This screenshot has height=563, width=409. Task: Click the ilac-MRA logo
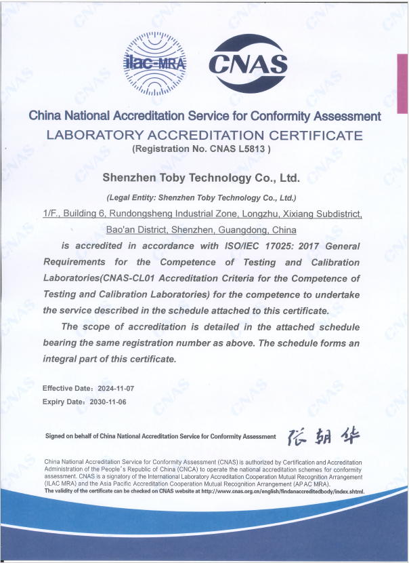tap(156, 63)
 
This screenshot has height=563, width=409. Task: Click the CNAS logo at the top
tap(248, 63)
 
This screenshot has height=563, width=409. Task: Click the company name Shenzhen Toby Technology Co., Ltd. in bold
tap(200, 178)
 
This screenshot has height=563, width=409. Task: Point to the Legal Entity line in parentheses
tap(202, 198)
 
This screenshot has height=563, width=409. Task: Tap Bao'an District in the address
tap(137, 229)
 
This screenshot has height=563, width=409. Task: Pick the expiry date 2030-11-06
tap(108, 402)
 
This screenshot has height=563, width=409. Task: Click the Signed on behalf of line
tap(160, 436)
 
